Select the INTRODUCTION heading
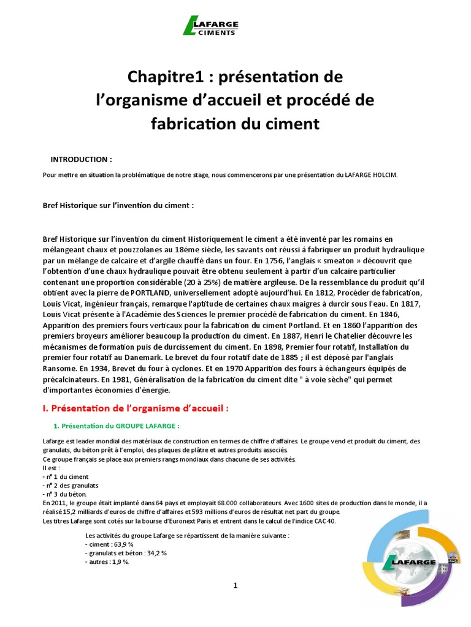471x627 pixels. pyautogui.click(x=81, y=159)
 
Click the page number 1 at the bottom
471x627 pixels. pyautogui.click(x=235, y=586)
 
